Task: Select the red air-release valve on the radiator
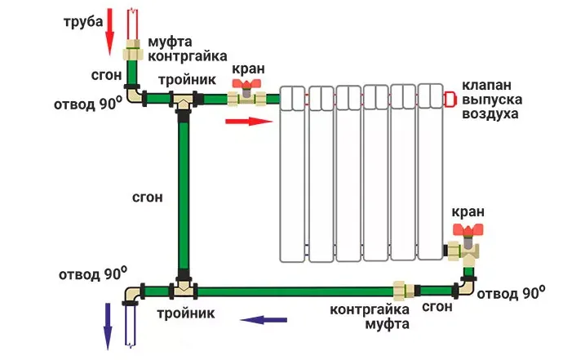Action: click(449, 100)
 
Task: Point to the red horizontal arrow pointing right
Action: click(246, 122)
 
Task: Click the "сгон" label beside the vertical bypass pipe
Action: click(147, 197)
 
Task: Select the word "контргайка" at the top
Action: click(186, 56)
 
